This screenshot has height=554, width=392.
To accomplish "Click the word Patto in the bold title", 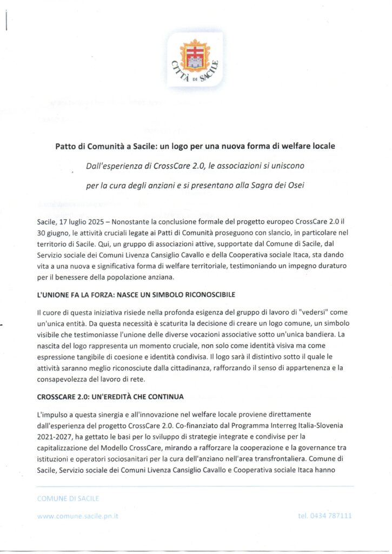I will [x=66, y=147].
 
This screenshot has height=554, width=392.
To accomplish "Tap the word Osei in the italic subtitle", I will [x=294, y=186].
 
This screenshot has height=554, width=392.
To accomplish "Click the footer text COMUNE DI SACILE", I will [x=68, y=498].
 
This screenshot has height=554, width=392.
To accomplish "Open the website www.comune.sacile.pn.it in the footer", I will [x=78, y=516].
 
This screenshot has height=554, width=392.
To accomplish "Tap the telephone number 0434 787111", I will [x=331, y=516].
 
